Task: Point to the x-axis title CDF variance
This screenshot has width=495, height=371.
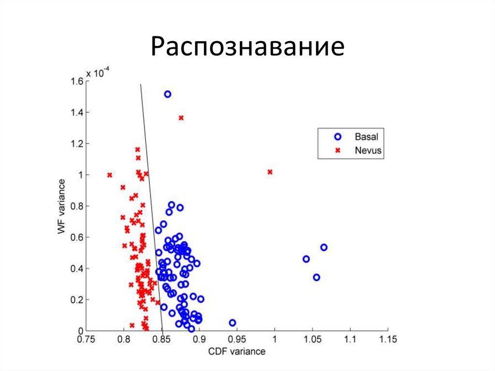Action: coord(237,351)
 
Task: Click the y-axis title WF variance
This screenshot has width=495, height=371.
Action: coord(61,207)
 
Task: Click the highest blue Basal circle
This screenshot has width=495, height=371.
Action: coord(168,94)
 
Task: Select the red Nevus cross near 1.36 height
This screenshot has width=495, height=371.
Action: coord(181,118)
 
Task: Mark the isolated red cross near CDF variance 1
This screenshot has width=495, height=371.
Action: coord(270,172)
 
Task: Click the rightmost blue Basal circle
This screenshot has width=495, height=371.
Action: coord(324,247)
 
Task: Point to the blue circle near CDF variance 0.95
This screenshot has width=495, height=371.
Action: coord(233,323)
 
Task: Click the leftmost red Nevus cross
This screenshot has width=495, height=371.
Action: coord(110,175)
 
